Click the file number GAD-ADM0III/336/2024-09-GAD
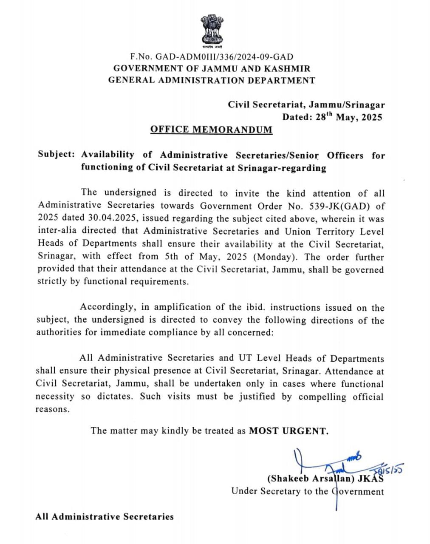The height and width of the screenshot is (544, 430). [x=224, y=57]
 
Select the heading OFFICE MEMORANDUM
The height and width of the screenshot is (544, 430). [x=211, y=129]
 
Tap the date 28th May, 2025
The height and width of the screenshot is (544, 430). [x=349, y=117]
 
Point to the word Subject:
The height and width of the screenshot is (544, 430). [x=56, y=154]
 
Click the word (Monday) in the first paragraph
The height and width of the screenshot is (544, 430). [x=277, y=257]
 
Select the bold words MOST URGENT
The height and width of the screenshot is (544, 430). [x=289, y=431]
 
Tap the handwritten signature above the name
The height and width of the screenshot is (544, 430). [x=327, y=463]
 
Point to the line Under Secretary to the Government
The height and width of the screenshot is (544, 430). [x=307, y=491]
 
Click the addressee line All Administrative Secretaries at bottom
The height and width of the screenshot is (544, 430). [x=105, y=517]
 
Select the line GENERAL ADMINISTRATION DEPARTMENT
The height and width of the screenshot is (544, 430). [x=212, y=80]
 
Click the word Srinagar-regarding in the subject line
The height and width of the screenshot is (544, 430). [x=282, y=168]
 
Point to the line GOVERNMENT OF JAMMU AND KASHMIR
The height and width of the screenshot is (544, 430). [x=212, y=68]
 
